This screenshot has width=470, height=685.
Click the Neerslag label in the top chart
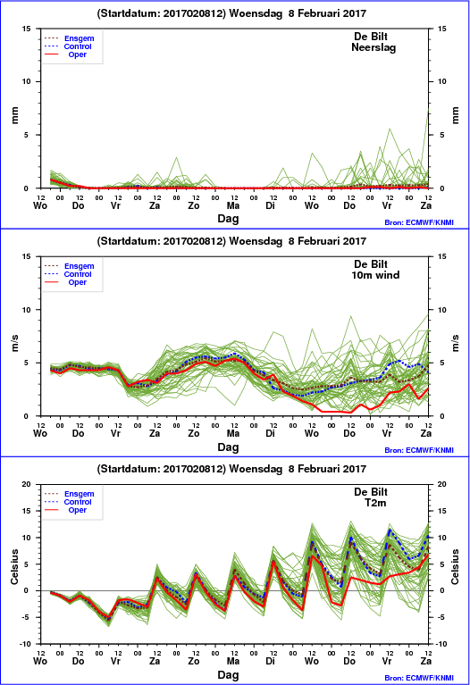[x=373, y=47]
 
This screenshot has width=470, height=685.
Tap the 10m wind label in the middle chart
[x=375, y=275]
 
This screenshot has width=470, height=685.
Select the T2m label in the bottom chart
[x=375, y=503]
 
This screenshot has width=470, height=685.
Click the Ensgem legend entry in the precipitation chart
[x=80, y=38]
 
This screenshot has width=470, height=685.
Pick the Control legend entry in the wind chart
[x=78, y=274]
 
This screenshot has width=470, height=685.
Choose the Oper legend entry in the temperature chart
[x=78, y=510]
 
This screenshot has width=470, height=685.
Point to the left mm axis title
[x=15, y=115]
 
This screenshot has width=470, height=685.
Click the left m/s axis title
[x=15, y=343]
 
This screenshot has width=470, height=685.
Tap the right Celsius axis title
[x=455, y=566]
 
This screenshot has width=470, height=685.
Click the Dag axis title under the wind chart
[x=228, y=447]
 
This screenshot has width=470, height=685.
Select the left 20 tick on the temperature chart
[x=26, y=484]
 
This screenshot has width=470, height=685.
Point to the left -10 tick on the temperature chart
[x=25, y=644]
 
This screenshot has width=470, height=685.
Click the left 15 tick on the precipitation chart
[x=27, y=29]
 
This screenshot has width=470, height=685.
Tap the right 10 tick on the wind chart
[x=442, y=310]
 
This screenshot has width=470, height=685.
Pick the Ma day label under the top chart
[x=233, y=205]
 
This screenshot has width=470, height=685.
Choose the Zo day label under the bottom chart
[x=194, y=661]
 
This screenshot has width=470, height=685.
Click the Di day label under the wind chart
[x=270, y=433]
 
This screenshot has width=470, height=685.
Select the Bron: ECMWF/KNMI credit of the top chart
[x=419, y=222]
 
